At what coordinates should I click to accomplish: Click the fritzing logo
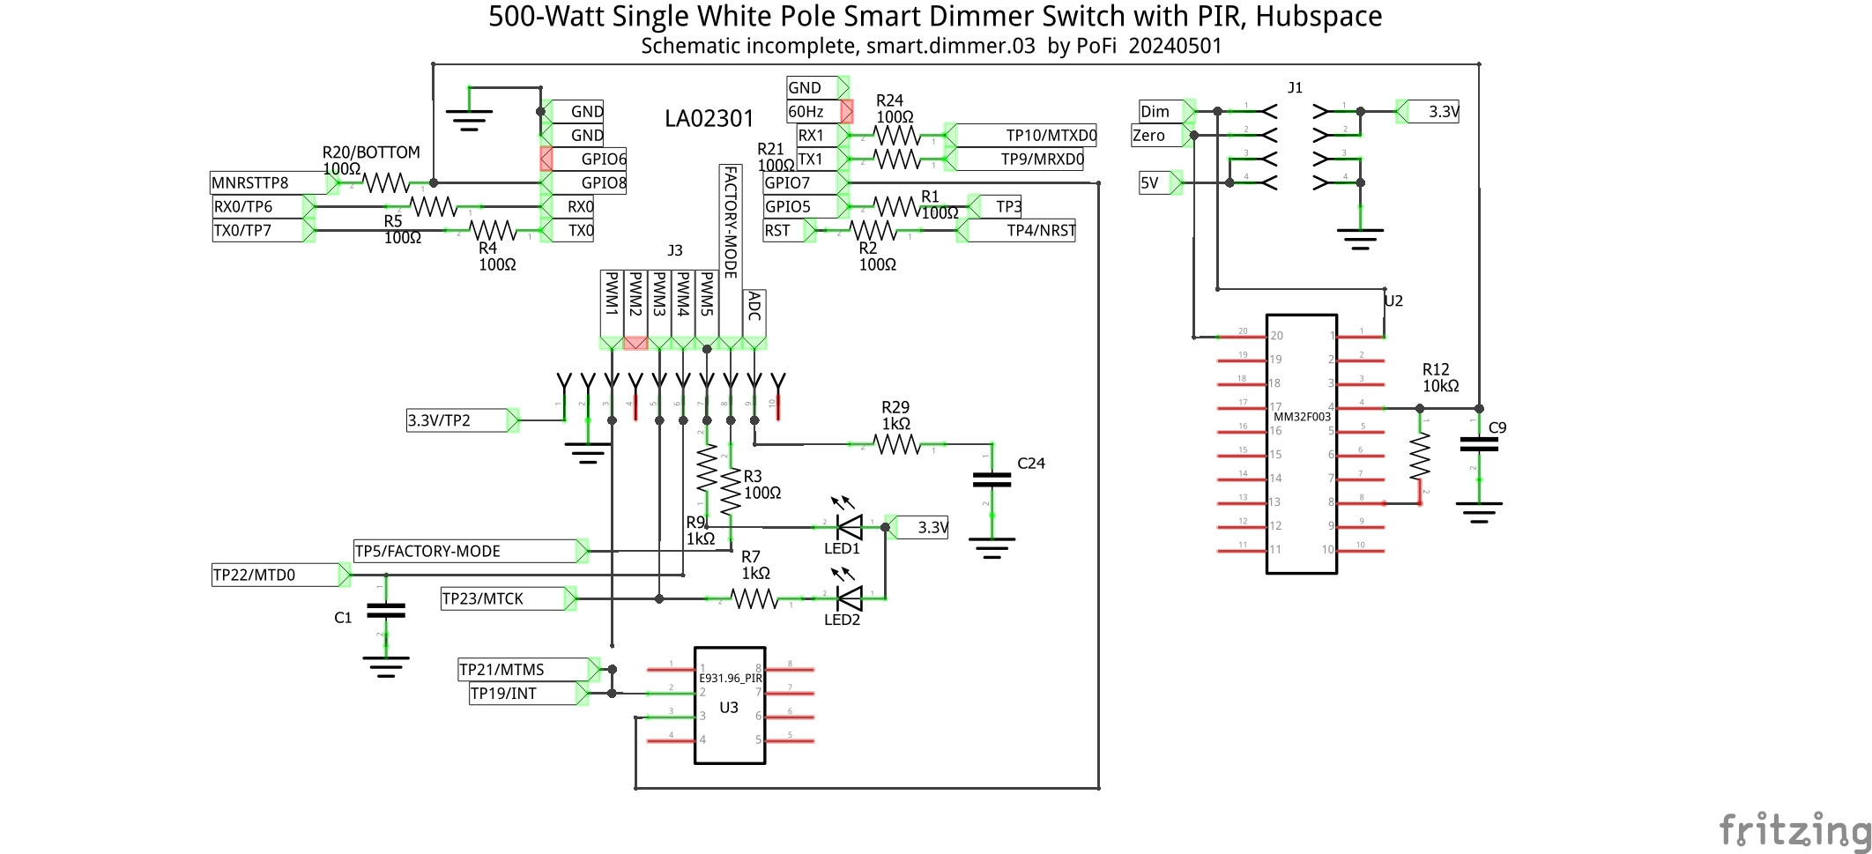tap(1794, 830)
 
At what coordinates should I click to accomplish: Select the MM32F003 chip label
tap(1302, 417)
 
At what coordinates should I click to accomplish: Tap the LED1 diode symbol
tap(849, 527)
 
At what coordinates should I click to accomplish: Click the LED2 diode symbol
tap(849, 598)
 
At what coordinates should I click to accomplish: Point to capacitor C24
tap(992, 479)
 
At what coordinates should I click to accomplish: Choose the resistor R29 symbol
tap(896, 444)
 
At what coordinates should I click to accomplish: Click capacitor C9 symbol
tap(1479, 445)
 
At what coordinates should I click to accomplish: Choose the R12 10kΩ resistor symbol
tap(1419, 457)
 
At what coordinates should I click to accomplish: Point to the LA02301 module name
tap(709, 119)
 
